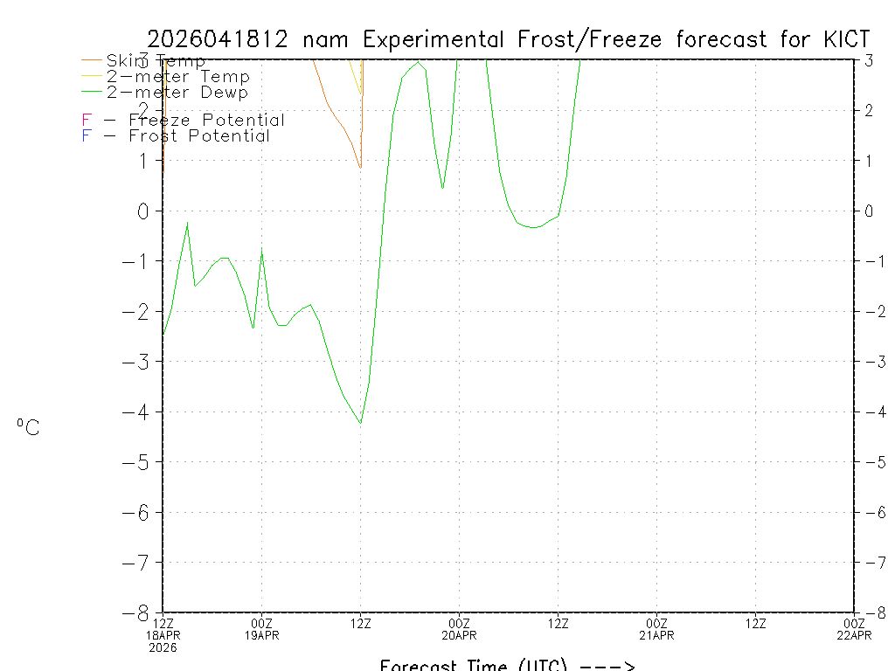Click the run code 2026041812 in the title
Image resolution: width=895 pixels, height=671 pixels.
222,39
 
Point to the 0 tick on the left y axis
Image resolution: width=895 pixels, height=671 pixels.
142,211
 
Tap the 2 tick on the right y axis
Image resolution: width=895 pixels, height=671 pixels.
870,110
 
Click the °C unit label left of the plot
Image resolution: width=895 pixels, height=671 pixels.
28,427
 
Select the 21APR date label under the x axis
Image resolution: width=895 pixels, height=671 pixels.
657,635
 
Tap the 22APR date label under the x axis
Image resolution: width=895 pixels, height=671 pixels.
854,635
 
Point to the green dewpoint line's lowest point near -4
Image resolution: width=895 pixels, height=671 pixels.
360,424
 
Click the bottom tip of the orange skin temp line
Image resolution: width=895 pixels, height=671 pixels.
359,168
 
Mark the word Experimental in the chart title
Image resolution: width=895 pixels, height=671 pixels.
434,39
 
